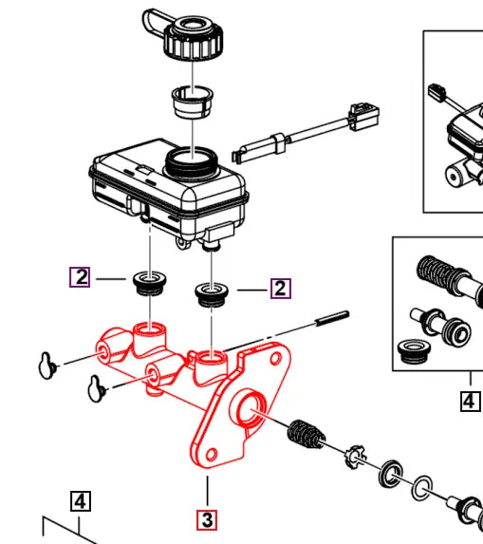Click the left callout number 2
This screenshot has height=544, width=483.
(x=82, y=277)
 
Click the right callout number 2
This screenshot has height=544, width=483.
(x=280, y=288)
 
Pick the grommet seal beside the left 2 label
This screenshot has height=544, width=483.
(x=149, y=282)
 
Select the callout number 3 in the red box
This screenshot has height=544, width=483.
(x=207, y=519)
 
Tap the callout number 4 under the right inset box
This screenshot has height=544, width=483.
(x=470, y=401)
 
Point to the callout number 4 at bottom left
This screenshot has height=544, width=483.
(x=81, y=500)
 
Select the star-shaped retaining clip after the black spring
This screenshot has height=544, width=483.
(x=355, y=458)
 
